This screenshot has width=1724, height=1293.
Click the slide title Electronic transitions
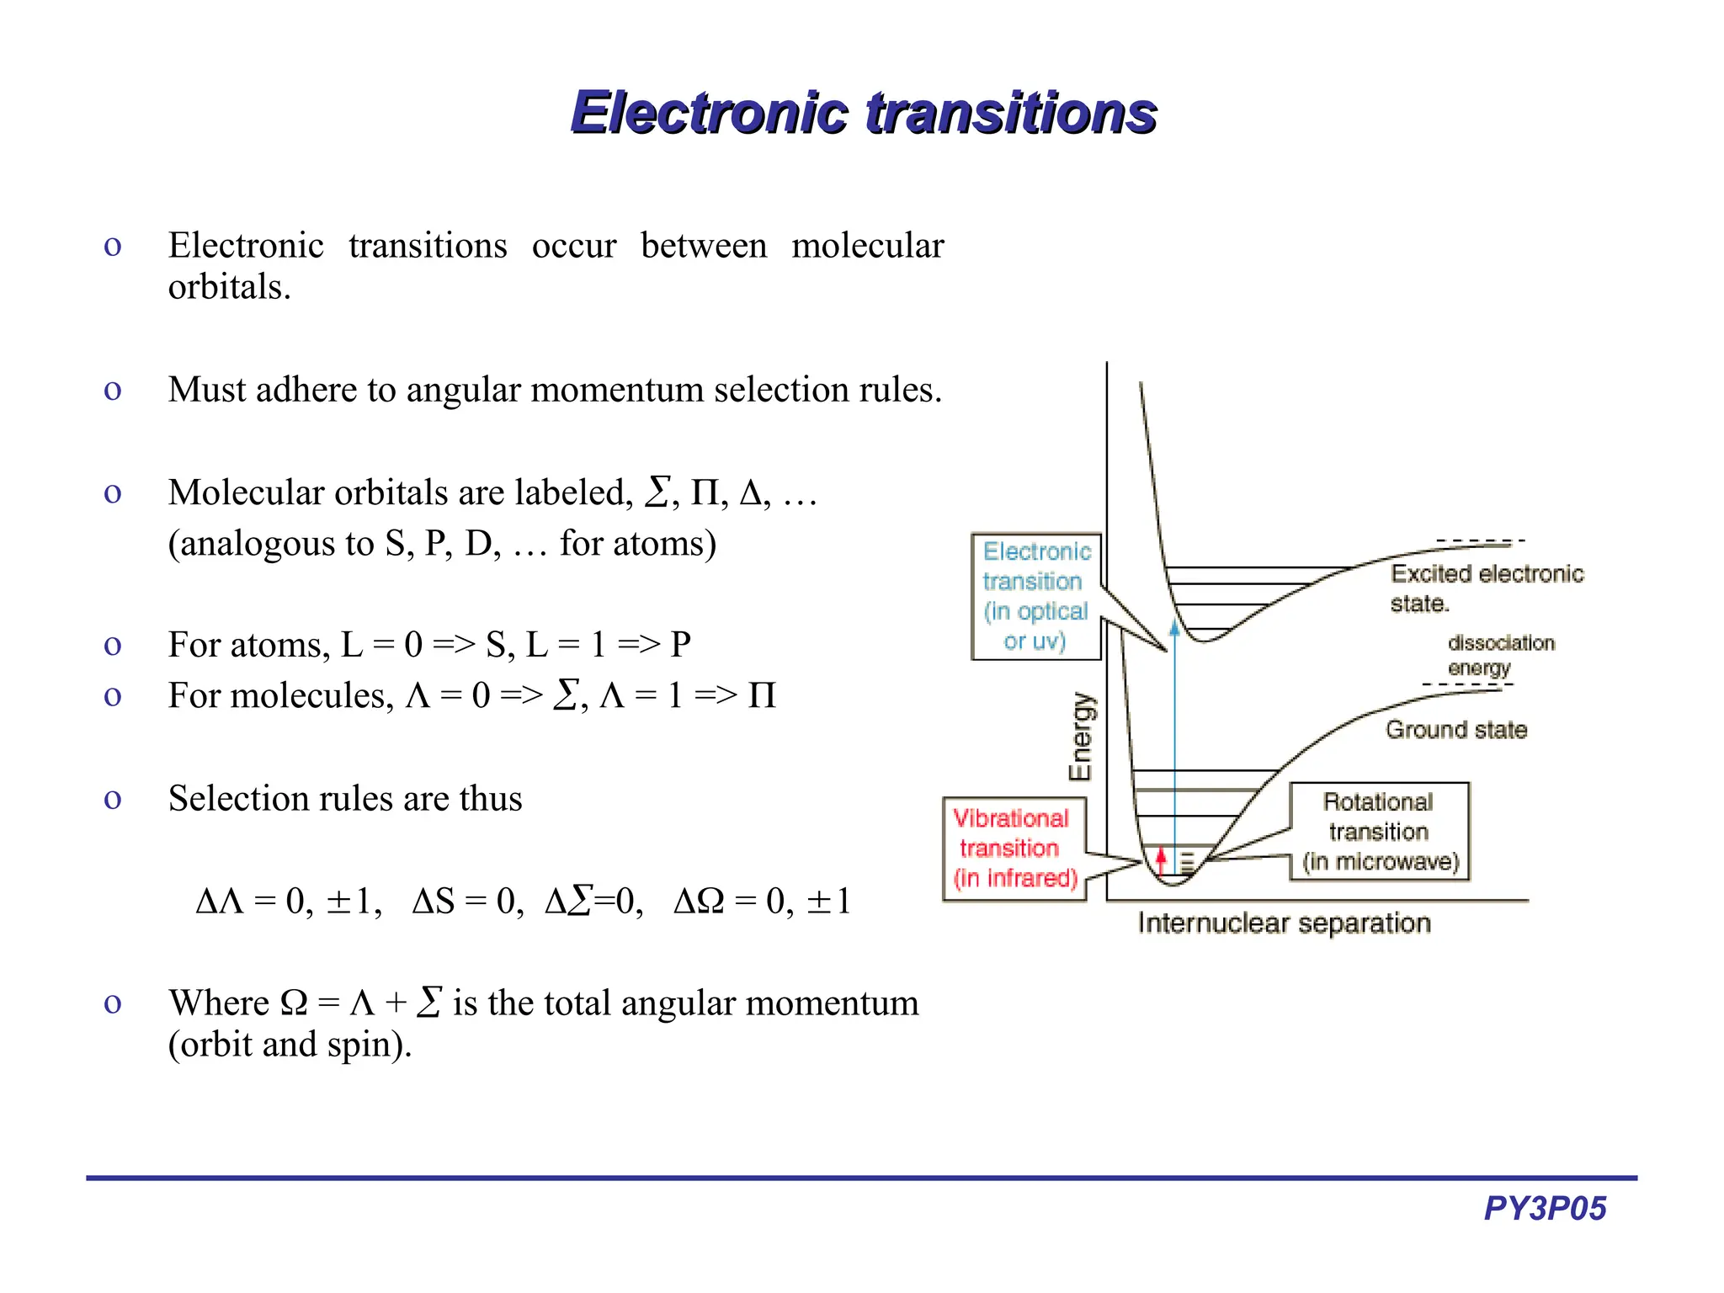(x=864, y=113)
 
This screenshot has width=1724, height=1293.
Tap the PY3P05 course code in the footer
(x=1545, y=1208)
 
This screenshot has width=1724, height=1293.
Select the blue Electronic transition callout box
(x=1035, y=596)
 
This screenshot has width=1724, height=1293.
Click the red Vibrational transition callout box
(x=1014, y=849)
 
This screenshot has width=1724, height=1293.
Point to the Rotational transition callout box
(x=1379, y=832)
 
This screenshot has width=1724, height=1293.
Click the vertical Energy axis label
(x=1080, y=737)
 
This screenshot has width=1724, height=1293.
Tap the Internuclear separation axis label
(x=1284, y=923)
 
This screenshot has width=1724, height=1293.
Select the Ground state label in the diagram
(x=1456, y=730)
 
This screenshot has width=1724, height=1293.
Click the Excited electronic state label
(x=1486, y=588)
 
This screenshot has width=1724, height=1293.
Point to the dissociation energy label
(x=1501, y=655)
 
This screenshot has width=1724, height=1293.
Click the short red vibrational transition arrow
(x=1162, y=860)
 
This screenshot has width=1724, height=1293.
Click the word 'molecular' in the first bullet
(x=867, y=246)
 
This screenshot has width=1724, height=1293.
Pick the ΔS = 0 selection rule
(x=467, y=902)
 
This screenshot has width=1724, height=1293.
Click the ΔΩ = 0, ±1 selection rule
(x=762, y=902)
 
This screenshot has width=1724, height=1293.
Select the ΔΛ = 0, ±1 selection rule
(x=288, y=902)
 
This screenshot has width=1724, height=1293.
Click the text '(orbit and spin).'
(x=290, y=1045)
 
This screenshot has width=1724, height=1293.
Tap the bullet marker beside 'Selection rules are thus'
(x=112, y=799)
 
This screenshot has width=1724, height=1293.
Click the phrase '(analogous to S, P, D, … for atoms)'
(x=442, y=544)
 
